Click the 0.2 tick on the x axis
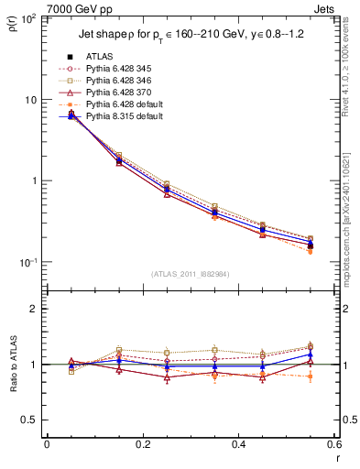click(142, 444)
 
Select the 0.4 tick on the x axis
click(238, 444)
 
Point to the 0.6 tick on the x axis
click(333, 444)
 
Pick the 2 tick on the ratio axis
click(34, 309)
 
